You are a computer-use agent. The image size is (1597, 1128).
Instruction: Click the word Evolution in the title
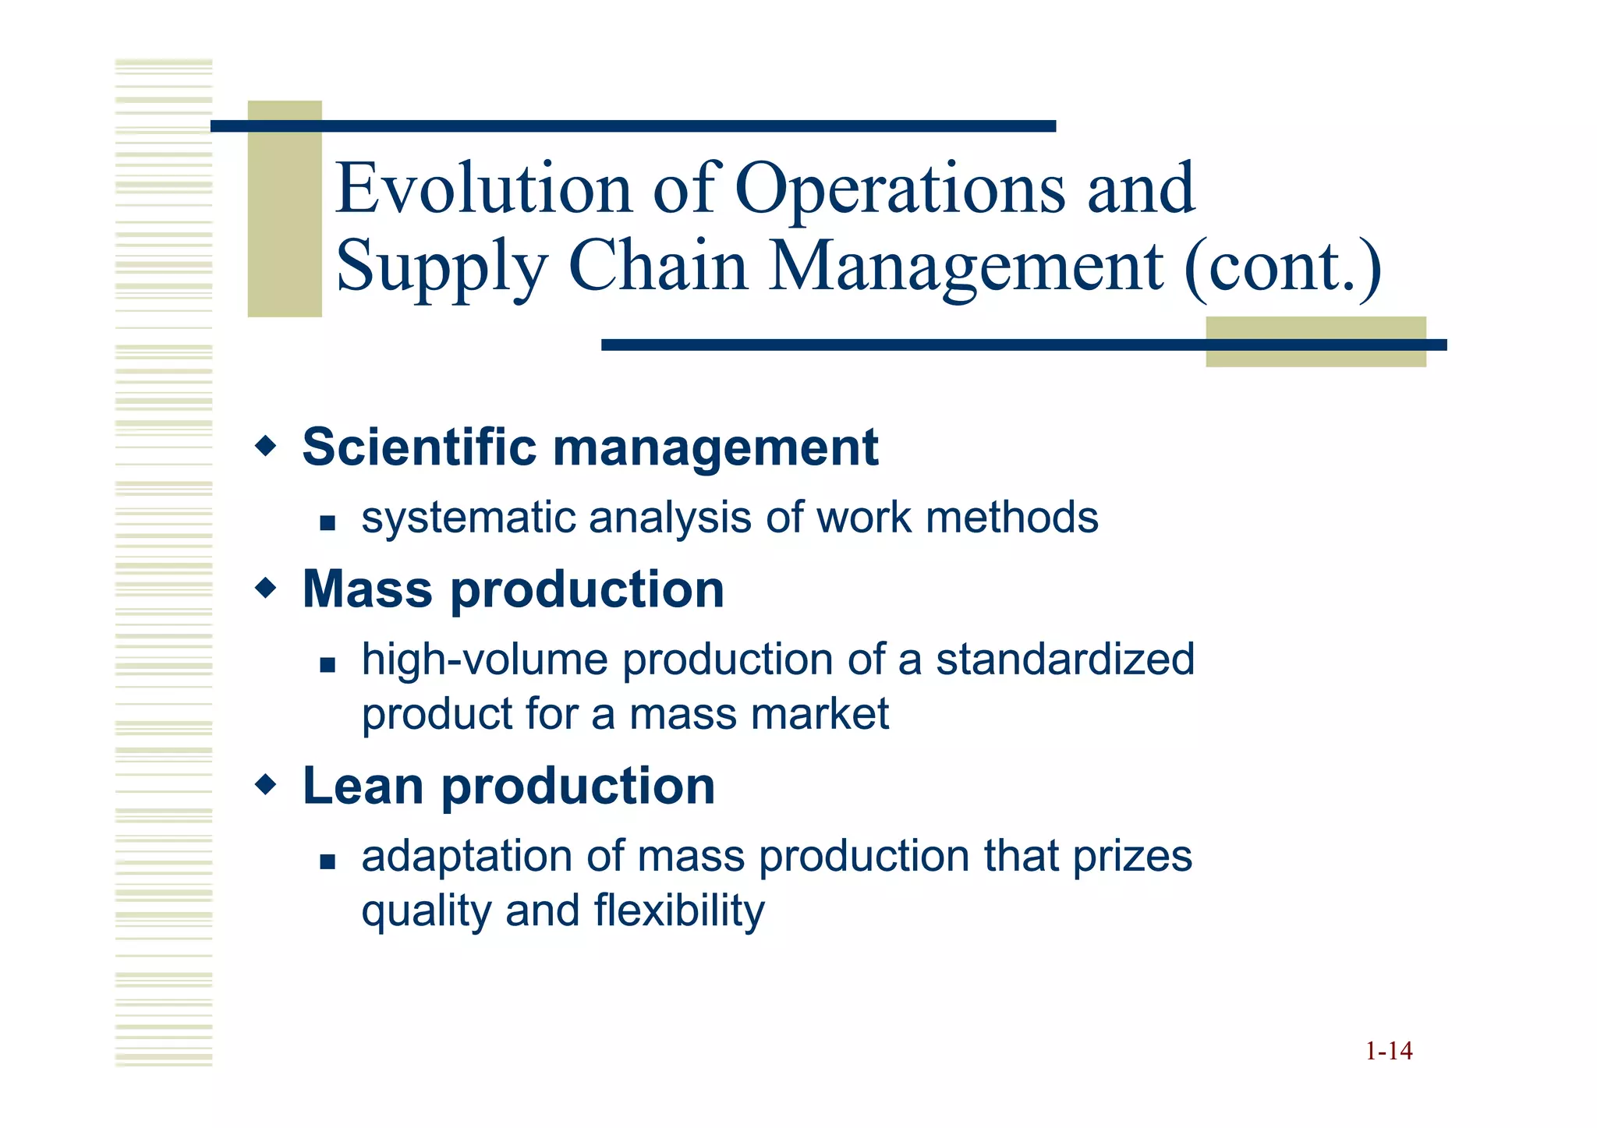click(483, 189)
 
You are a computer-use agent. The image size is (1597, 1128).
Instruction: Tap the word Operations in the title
click(900, 189)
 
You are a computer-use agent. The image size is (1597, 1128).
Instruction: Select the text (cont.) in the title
click(1283, 267)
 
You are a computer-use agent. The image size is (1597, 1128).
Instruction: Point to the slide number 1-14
click(1388, 1051)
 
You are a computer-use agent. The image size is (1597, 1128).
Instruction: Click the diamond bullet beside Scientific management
click(266, 447)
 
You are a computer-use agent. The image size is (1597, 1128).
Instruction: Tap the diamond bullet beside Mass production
click(266, 589)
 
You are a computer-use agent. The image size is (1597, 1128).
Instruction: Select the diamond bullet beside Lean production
click(266, 785)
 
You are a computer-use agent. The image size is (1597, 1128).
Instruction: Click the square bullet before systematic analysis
click(328, 522)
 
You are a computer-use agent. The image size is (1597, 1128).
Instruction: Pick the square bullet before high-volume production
click(328, 664)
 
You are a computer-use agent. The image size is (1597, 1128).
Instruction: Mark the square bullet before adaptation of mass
click(328, 861)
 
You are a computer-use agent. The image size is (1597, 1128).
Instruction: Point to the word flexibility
click(679, 911)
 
